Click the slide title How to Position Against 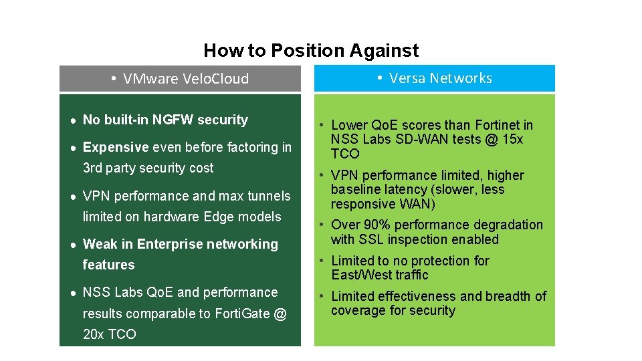(311, 51)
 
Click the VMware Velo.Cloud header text (186, 79)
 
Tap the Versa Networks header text (440, 78)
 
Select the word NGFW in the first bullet (173, 120)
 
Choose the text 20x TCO (109, 334)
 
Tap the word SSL (374, 239)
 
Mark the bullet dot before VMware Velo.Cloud (114, 79)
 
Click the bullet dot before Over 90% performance (322, 225)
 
